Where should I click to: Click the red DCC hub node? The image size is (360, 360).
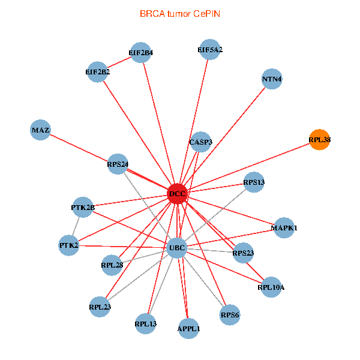[178, 194]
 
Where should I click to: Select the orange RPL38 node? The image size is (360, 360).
[320, 140]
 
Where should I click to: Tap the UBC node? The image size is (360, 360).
[177, 248]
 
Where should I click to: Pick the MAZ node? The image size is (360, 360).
[40, 130]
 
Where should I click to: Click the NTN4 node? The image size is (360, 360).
[272, 79]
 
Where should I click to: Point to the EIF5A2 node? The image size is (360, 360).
[210, 50]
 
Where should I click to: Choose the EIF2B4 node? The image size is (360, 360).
[140, 53]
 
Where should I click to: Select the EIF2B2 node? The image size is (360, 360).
[98, 73]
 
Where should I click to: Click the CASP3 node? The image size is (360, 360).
[200, 143]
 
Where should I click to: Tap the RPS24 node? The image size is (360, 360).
[118, 164]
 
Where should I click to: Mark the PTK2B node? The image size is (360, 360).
[83, 208]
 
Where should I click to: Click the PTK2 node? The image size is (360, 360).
[69, 245]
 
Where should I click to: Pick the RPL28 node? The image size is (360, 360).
[112, 265]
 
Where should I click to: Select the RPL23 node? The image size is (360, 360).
[100, 307]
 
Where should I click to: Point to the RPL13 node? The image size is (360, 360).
[146, 325]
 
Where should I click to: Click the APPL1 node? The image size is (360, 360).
[189, 329]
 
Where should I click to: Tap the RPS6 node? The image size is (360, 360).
[230, 315]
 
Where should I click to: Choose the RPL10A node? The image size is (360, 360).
[271, 287]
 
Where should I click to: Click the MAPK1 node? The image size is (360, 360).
[284, 228]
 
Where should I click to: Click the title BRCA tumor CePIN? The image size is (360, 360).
[179, 13]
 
